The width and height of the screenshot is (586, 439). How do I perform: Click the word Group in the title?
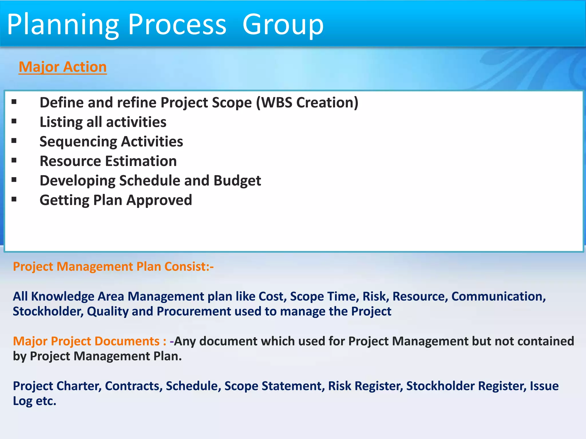click(x=283, y=25)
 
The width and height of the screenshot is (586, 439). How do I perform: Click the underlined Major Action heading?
click(x=63, y=67)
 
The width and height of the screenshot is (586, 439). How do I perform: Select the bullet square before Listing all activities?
click(x=14, y=121)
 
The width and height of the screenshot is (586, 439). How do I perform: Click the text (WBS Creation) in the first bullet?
click(x=307, y=102)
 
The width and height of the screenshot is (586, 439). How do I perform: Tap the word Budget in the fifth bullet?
click(x=237, y=181)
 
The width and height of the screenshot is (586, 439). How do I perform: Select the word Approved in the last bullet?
click(x=159, y=200)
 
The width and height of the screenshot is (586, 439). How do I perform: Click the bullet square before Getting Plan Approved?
click(x=14, y=199)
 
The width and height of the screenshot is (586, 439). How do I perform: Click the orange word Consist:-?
click(x=189, y=266)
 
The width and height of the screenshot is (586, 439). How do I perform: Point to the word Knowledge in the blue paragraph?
click(x=62, y=296)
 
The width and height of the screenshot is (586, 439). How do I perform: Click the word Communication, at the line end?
click(x=498, y=296)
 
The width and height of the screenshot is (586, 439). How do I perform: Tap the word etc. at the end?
click(x=46, y=401)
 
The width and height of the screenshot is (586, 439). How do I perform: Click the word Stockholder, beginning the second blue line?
click(x=48, y=311)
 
